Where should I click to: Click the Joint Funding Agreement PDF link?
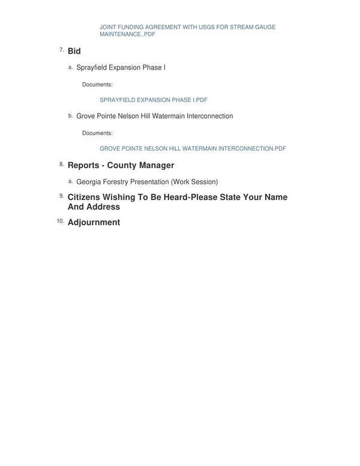[x=187, y=31]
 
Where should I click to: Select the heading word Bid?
[x=74, y=52]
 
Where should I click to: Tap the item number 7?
[x=61, y=50]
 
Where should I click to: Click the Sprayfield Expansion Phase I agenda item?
[x=121, y=68]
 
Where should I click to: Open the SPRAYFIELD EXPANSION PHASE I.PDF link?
[x=153, y=100]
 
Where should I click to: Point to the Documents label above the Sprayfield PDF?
[x=97, y=85]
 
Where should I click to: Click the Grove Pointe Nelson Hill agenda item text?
[x=154, y=116]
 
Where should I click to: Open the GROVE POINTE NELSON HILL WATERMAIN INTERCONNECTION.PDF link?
[x=193, y=149]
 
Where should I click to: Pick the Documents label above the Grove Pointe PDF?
[x=97, y=133]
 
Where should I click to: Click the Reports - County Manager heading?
[x=121, y=166]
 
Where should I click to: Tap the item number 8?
[x=61, y=164]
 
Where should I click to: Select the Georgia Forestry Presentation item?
[x=122, y=182]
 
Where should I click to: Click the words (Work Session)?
[x=194, y=182]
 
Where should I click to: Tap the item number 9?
[x=61, y=196]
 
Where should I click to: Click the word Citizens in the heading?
[x=83, y=198]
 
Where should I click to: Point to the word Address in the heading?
[x=103, y=207]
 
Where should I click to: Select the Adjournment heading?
[x=94, y=223]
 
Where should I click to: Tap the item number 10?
[x=60, y=221]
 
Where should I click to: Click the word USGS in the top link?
[x=205, y=27]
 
